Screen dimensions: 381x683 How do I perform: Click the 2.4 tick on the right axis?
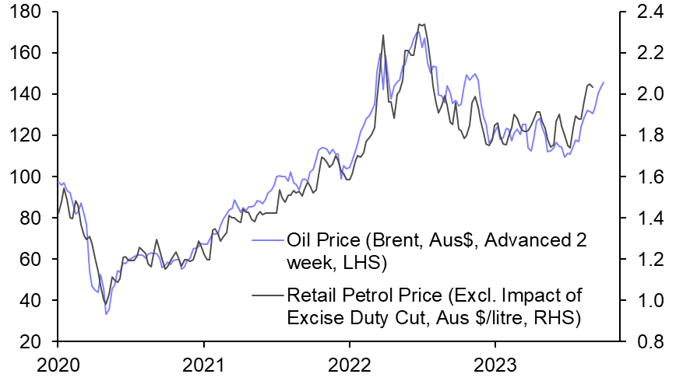tap(641, 12)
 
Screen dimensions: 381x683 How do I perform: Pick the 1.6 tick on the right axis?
tap(641, 177)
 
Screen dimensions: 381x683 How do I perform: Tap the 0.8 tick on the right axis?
tap(641, 342)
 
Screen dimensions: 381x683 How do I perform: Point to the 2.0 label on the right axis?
tap(641, 95)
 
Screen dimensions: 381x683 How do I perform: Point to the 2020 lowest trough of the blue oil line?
tap(105, 314)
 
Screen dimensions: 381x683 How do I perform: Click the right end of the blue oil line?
tap(604, 82)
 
